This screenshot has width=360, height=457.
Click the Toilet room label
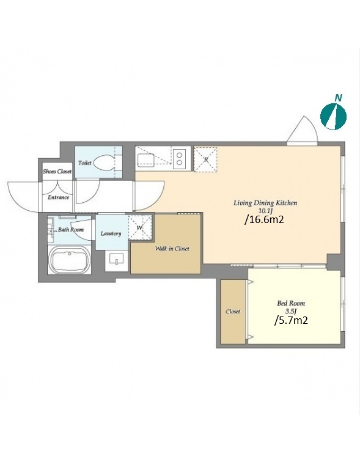point(85,163)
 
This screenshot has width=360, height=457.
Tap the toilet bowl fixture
point(105,163)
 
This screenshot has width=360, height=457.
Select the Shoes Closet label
point(57,171)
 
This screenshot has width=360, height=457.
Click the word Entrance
point(59,197)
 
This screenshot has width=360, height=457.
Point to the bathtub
point(70,260)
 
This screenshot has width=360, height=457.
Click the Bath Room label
point(71,230)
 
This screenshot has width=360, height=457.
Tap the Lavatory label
point(111,233)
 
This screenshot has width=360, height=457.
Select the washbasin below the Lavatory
point(117,258)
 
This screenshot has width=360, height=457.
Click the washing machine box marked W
point(140,228)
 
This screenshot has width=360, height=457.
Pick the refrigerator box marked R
point(205,159)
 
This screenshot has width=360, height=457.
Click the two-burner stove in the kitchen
point(180,159)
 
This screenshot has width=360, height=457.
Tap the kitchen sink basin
point(145,160)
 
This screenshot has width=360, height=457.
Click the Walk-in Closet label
point(172,249)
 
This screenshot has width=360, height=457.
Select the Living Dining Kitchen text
point(265,203)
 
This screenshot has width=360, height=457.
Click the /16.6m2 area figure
point(265,219)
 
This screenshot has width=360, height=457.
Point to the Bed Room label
point(291,304)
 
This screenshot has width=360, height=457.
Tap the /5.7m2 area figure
point(291,320)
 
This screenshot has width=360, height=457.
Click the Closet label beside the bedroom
point(233,312)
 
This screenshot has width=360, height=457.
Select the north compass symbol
point(334,117)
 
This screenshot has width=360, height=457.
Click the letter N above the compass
point(338,98)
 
